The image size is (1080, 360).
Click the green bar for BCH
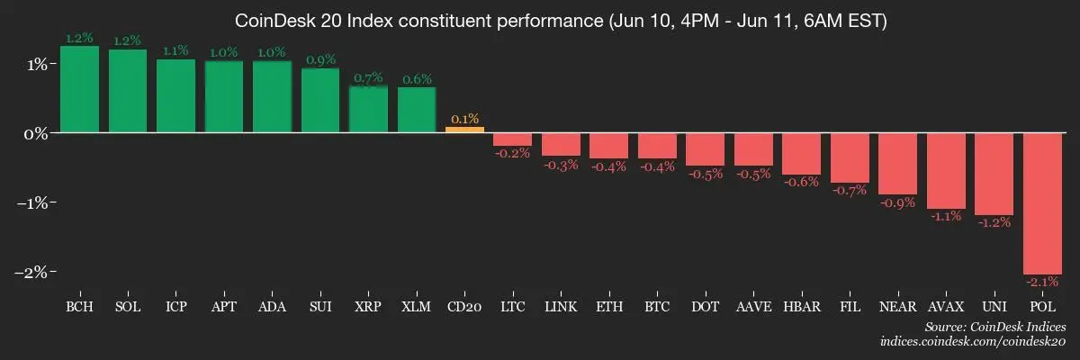click(79, 89)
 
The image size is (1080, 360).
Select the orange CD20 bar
click(464, 129)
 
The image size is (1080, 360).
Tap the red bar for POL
click(1042, 202)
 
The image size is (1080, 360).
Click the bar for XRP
click(368, 109)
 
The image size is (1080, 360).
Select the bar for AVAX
click(946, 170)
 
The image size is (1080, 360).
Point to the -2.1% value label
click(1042, 283)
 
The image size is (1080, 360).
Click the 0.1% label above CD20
click(464, 118)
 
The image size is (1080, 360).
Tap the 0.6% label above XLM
click(416, 79)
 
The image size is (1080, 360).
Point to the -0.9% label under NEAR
click(897, 203)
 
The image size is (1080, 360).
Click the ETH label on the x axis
click(608, 308)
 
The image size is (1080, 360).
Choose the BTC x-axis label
click(657, 308)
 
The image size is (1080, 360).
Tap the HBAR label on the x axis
click(801, 308)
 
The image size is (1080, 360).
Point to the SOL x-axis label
click(128, 308)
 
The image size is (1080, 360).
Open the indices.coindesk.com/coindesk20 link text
click(973, 342)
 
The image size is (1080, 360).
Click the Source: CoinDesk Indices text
click(995, 326)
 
